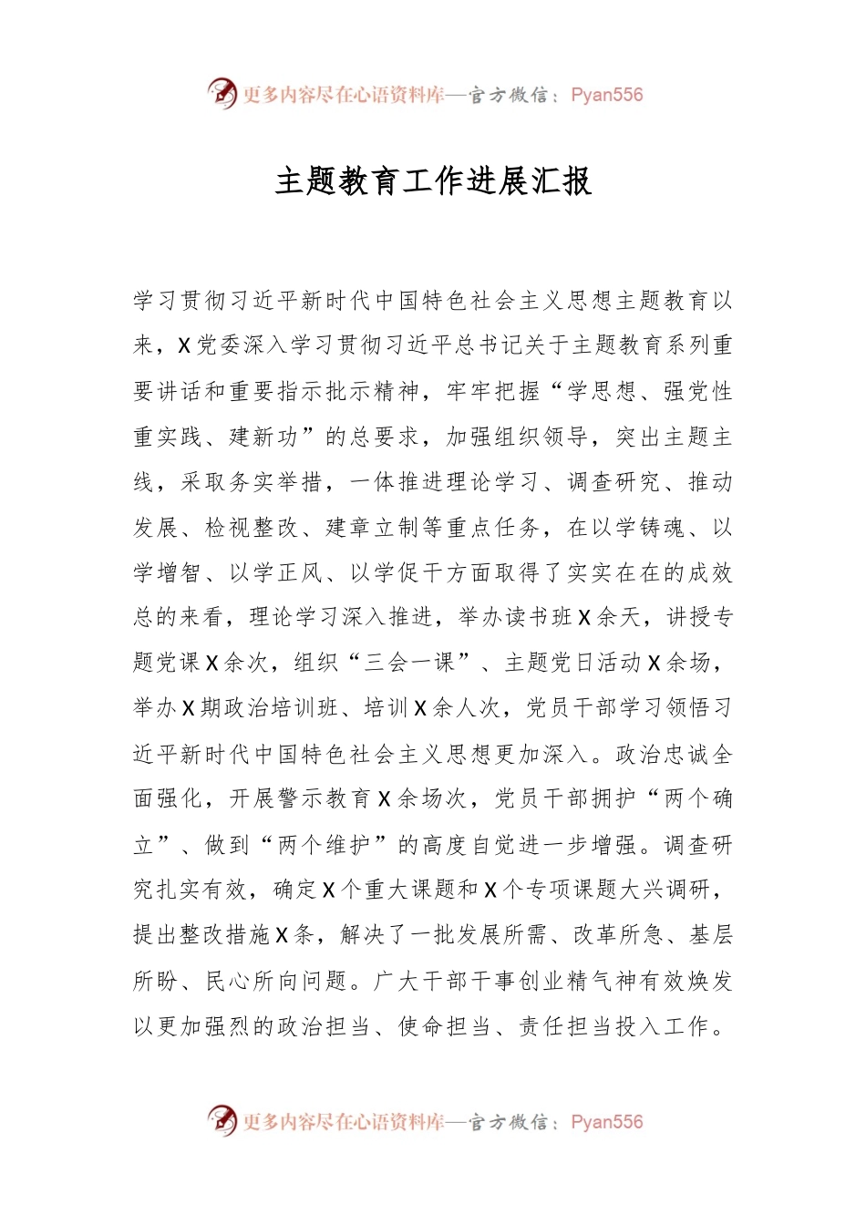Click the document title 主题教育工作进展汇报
click(433, 181)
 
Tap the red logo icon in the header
click(222, 93)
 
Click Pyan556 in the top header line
click(606, 95)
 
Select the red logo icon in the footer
click(222, 1120)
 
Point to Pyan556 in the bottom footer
click(606, 1122)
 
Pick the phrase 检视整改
click(253, 528)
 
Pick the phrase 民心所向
click(253, 982)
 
